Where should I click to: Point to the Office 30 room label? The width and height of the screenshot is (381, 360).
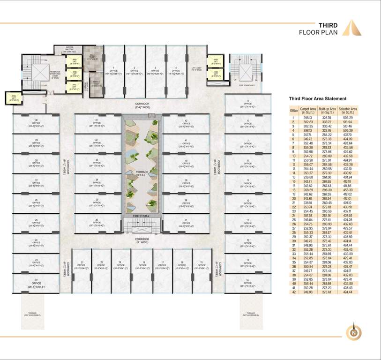(x=36, y=123)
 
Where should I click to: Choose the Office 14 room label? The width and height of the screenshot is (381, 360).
(x=247, y=283)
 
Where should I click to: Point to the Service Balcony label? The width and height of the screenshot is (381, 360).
(x=69, y=49)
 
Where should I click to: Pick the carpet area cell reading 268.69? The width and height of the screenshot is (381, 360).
(x=309, y=190)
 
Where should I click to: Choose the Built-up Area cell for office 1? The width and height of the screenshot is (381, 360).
(x=328, y=118)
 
